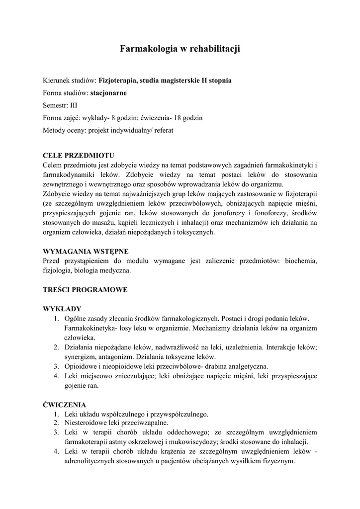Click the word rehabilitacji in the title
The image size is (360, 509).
[215, 49]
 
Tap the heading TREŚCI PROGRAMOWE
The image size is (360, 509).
[86, 289]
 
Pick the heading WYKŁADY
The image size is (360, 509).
[63, 308]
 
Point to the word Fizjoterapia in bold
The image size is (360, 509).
[119, 80]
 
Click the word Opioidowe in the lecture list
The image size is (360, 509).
[81, 366]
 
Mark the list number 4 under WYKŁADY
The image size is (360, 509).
[57, 376]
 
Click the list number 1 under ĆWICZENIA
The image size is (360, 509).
[57, 414]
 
